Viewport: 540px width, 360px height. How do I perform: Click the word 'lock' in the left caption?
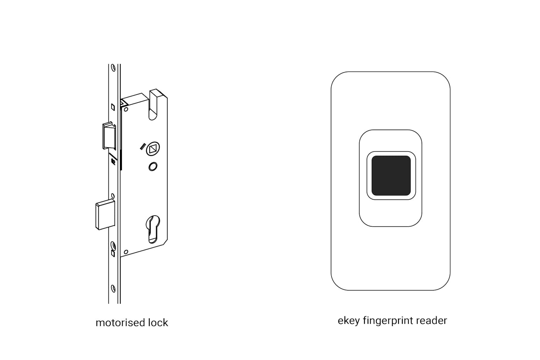click(158, 323)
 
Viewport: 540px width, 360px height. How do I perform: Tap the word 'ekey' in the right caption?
click(348, 321)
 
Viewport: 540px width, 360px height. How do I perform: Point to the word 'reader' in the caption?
click(432, 321)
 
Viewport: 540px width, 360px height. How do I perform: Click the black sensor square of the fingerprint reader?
click(391, 176)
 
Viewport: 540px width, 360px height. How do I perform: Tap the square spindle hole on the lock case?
click(153, 149)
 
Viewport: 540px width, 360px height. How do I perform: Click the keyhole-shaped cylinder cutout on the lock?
click(153, 228)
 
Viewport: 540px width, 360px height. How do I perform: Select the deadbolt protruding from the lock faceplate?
click(105, 215)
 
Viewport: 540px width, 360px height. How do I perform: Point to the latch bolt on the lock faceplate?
click(108, 136)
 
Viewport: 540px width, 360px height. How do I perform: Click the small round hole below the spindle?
click(153, 167)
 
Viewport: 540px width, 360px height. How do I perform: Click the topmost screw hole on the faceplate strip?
click(113, 68)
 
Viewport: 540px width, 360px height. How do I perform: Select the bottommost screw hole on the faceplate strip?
click(113, 288)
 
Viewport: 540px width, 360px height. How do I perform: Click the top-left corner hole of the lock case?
click(126, 110)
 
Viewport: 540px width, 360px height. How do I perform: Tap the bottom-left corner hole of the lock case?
click(126, 252)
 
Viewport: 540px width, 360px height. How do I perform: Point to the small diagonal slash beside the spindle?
click(142, 146)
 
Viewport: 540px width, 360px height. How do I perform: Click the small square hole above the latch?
click(113, 107)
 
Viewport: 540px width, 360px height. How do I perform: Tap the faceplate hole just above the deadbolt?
click(113, 196)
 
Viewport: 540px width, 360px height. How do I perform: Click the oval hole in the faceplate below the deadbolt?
click(113, 245)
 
